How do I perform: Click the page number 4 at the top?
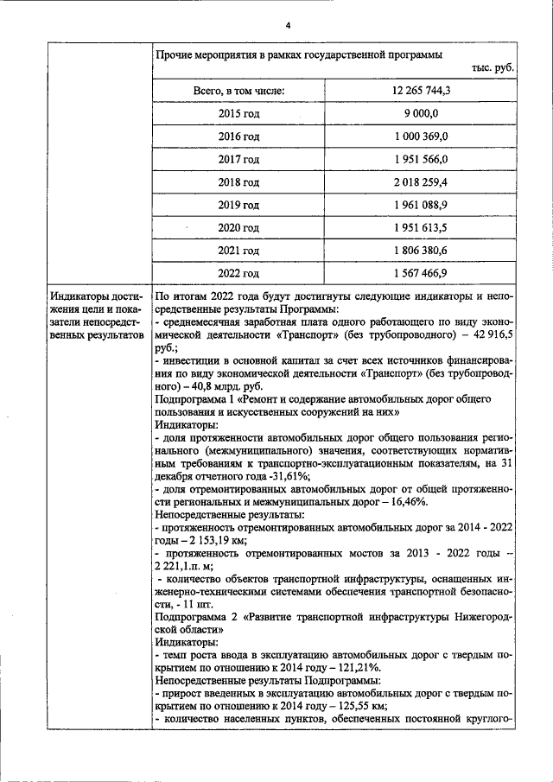276,23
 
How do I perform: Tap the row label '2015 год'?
238,114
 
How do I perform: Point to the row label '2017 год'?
238,160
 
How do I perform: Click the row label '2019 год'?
238,206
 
